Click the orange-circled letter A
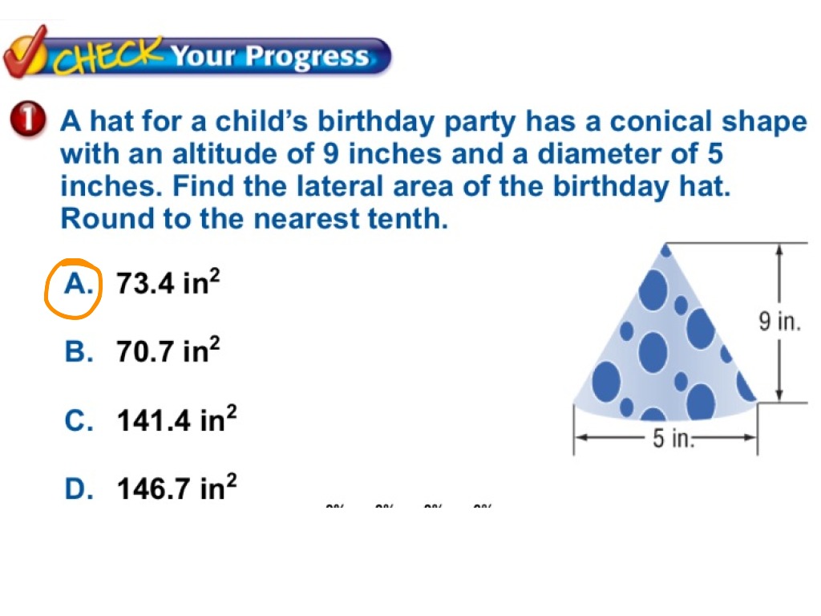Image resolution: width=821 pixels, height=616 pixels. tap(78, 283)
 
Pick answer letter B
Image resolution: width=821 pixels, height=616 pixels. tap(79, 351)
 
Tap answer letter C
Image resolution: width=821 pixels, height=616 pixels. tap(79, 420)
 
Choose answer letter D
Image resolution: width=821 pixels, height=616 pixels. tap(79, 488)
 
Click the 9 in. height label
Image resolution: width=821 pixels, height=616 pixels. tap(779, 322)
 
